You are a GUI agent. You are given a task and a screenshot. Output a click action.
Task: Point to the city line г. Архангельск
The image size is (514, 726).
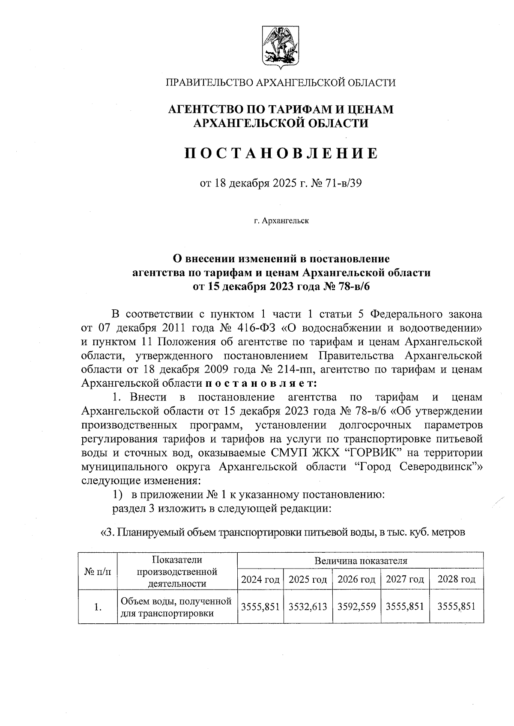281,221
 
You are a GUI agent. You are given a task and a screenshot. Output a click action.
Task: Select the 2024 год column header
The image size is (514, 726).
260,580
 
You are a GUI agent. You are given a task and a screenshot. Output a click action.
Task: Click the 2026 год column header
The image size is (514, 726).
356,580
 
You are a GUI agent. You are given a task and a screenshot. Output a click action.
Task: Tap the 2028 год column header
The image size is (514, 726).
456,580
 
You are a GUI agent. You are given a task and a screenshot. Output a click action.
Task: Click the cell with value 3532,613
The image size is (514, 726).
308,607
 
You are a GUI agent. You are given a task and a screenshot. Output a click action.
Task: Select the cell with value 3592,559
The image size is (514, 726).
356,607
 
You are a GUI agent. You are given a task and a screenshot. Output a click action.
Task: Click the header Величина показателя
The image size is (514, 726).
361,560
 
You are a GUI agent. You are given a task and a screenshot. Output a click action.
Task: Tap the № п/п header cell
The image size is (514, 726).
98,571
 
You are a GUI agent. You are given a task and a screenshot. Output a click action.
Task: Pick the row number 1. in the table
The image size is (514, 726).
98,607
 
